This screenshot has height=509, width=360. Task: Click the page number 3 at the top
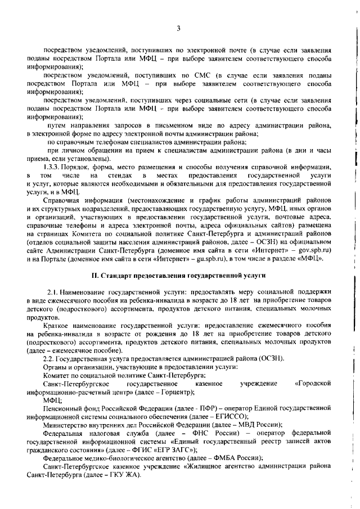pyautogui.click(x=178, y=28)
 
